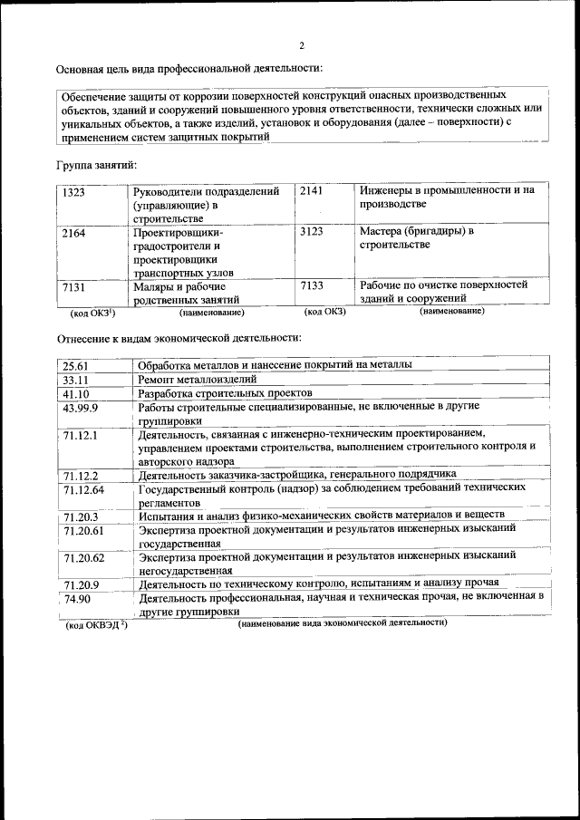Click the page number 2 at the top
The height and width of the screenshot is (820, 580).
302,45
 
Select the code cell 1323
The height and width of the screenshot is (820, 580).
74,192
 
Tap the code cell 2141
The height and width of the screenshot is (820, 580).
312,191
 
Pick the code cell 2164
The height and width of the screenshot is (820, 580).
74,233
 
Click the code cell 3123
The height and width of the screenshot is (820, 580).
312,232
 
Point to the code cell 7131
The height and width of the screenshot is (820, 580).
74,286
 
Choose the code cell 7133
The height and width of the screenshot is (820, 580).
312,285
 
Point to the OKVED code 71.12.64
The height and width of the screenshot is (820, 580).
84,490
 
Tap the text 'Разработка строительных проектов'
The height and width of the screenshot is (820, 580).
225,394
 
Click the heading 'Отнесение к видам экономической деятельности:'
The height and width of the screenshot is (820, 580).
179,338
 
